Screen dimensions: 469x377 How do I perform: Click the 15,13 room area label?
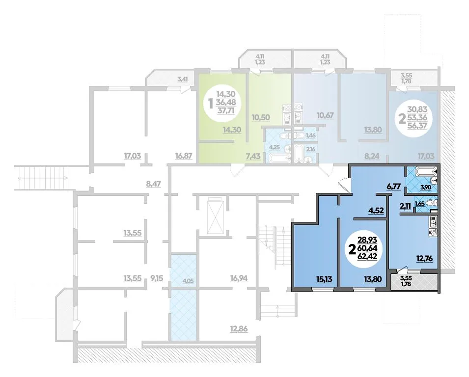click(x=325, y=279)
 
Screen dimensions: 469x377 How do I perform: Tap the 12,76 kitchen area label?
click(x=425, y=258)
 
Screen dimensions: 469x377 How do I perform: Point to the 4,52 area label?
click(x=376, y=211)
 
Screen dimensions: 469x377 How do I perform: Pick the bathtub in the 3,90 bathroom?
click(x=423, y=172)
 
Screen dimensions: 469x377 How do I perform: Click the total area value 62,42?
click(x=368, y=257)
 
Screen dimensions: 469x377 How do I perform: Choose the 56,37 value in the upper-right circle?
click(x=417, y=126)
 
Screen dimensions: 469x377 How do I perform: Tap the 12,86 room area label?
click(x=239, y=329)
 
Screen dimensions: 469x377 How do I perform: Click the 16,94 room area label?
click(x=239, y=279)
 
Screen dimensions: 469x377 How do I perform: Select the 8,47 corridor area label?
click(x=153, y=184)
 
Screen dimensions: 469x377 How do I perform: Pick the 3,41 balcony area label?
click(x=183, y=79)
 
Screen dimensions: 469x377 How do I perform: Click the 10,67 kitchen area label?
click(x=325, y=115)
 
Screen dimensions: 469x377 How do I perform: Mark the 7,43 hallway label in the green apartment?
click(x=253, y=156)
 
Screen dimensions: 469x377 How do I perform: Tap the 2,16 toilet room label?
click(x=310, y=149)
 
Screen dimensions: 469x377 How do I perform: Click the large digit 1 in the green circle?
click(x=211, y=104)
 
